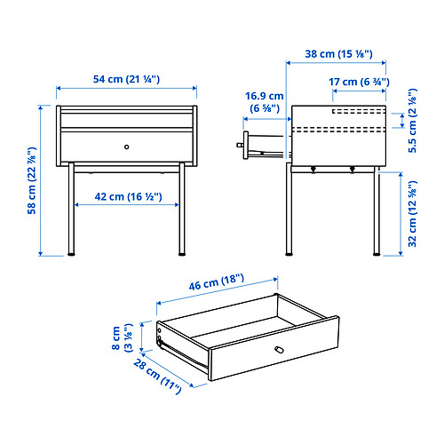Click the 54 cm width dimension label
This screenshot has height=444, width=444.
click(126, 79)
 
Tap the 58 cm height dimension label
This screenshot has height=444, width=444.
click(31, 180)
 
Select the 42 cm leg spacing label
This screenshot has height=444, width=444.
click(128, 197)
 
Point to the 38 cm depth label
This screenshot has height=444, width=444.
click(338, 54)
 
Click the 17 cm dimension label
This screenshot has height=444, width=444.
click(359, 82)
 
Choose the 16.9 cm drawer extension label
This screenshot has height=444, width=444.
click(265, 102)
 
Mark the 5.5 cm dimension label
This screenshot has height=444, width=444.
click(412, 121)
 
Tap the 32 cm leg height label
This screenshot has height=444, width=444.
click(412, 213)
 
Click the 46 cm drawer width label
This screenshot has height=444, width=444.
click(217, 281)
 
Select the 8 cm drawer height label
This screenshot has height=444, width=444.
click(122, 337)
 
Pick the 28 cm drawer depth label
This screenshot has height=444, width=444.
click(157, 377)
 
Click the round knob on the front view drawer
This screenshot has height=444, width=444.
click(127, 147)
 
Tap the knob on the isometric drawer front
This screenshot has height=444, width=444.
click(279, 350)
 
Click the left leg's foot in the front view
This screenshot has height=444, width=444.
click(71, 254)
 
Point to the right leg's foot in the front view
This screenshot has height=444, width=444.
click(182, 254)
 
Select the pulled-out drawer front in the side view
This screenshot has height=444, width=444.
click(246, 145)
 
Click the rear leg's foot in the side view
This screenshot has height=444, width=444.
click(377, 254)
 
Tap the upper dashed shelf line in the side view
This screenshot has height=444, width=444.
click(359, 111)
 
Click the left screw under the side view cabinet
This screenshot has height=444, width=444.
click(313, 170)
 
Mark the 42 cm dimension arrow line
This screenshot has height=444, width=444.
click(127, 205)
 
